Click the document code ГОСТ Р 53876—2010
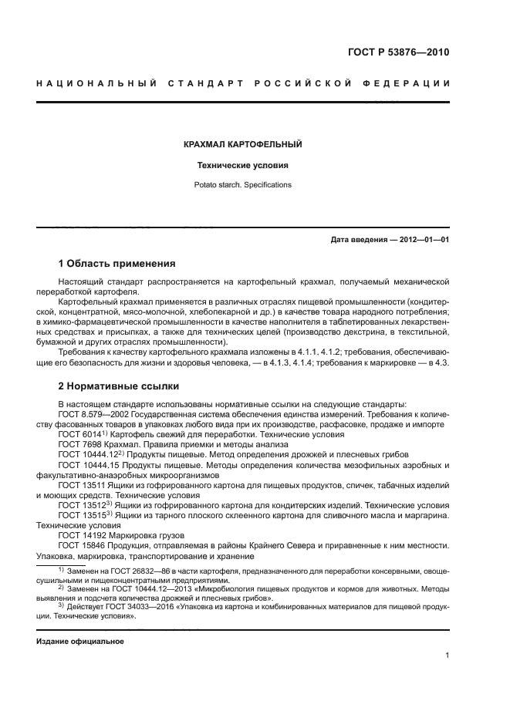coord(397,53)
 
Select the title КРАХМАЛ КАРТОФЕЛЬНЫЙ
coord(242,144)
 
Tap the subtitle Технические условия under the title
coord(242,165)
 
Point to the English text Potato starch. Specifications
coord(242,185)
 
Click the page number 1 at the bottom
coord(447,655)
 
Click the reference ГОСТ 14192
coord(80,534)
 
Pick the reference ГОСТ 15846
coord(80,545)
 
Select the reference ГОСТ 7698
coord(77,444)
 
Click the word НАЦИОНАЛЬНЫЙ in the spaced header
coord(93,83)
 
